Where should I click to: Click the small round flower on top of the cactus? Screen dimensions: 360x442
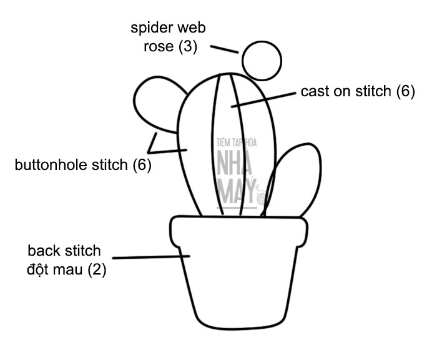coord(262,60)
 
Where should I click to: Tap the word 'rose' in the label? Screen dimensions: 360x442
coord(157,47)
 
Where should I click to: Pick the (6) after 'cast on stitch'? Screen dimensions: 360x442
coord(405,91)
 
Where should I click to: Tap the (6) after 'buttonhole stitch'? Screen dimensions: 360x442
coord(142,166)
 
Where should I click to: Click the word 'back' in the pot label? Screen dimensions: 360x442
coord(42,251)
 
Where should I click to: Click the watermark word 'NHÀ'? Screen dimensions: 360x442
coord(237,166)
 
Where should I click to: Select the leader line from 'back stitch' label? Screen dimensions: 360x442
coord(150,256)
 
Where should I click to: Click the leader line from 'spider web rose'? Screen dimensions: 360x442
coord(224,49)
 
